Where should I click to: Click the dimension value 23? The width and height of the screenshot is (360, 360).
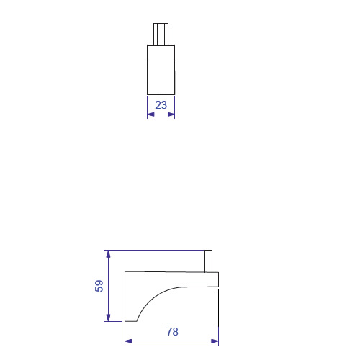pos(161,105)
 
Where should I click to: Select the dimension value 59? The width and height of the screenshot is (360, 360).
pos(99,286)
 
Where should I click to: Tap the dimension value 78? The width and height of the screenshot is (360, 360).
pos(172,332)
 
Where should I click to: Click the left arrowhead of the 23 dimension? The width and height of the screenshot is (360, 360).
pos(150,114)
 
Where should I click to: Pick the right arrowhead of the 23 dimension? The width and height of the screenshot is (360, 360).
pos(171,114)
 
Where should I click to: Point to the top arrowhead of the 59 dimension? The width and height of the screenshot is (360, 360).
pos(108,254)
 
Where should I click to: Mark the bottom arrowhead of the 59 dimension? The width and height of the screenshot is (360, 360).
pos(108,318)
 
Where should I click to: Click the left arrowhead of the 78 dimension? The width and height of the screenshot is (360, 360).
pos(128,341)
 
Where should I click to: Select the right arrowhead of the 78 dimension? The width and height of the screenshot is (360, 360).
pos(215,341)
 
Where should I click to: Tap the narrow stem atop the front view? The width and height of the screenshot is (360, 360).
pos(161,34)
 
